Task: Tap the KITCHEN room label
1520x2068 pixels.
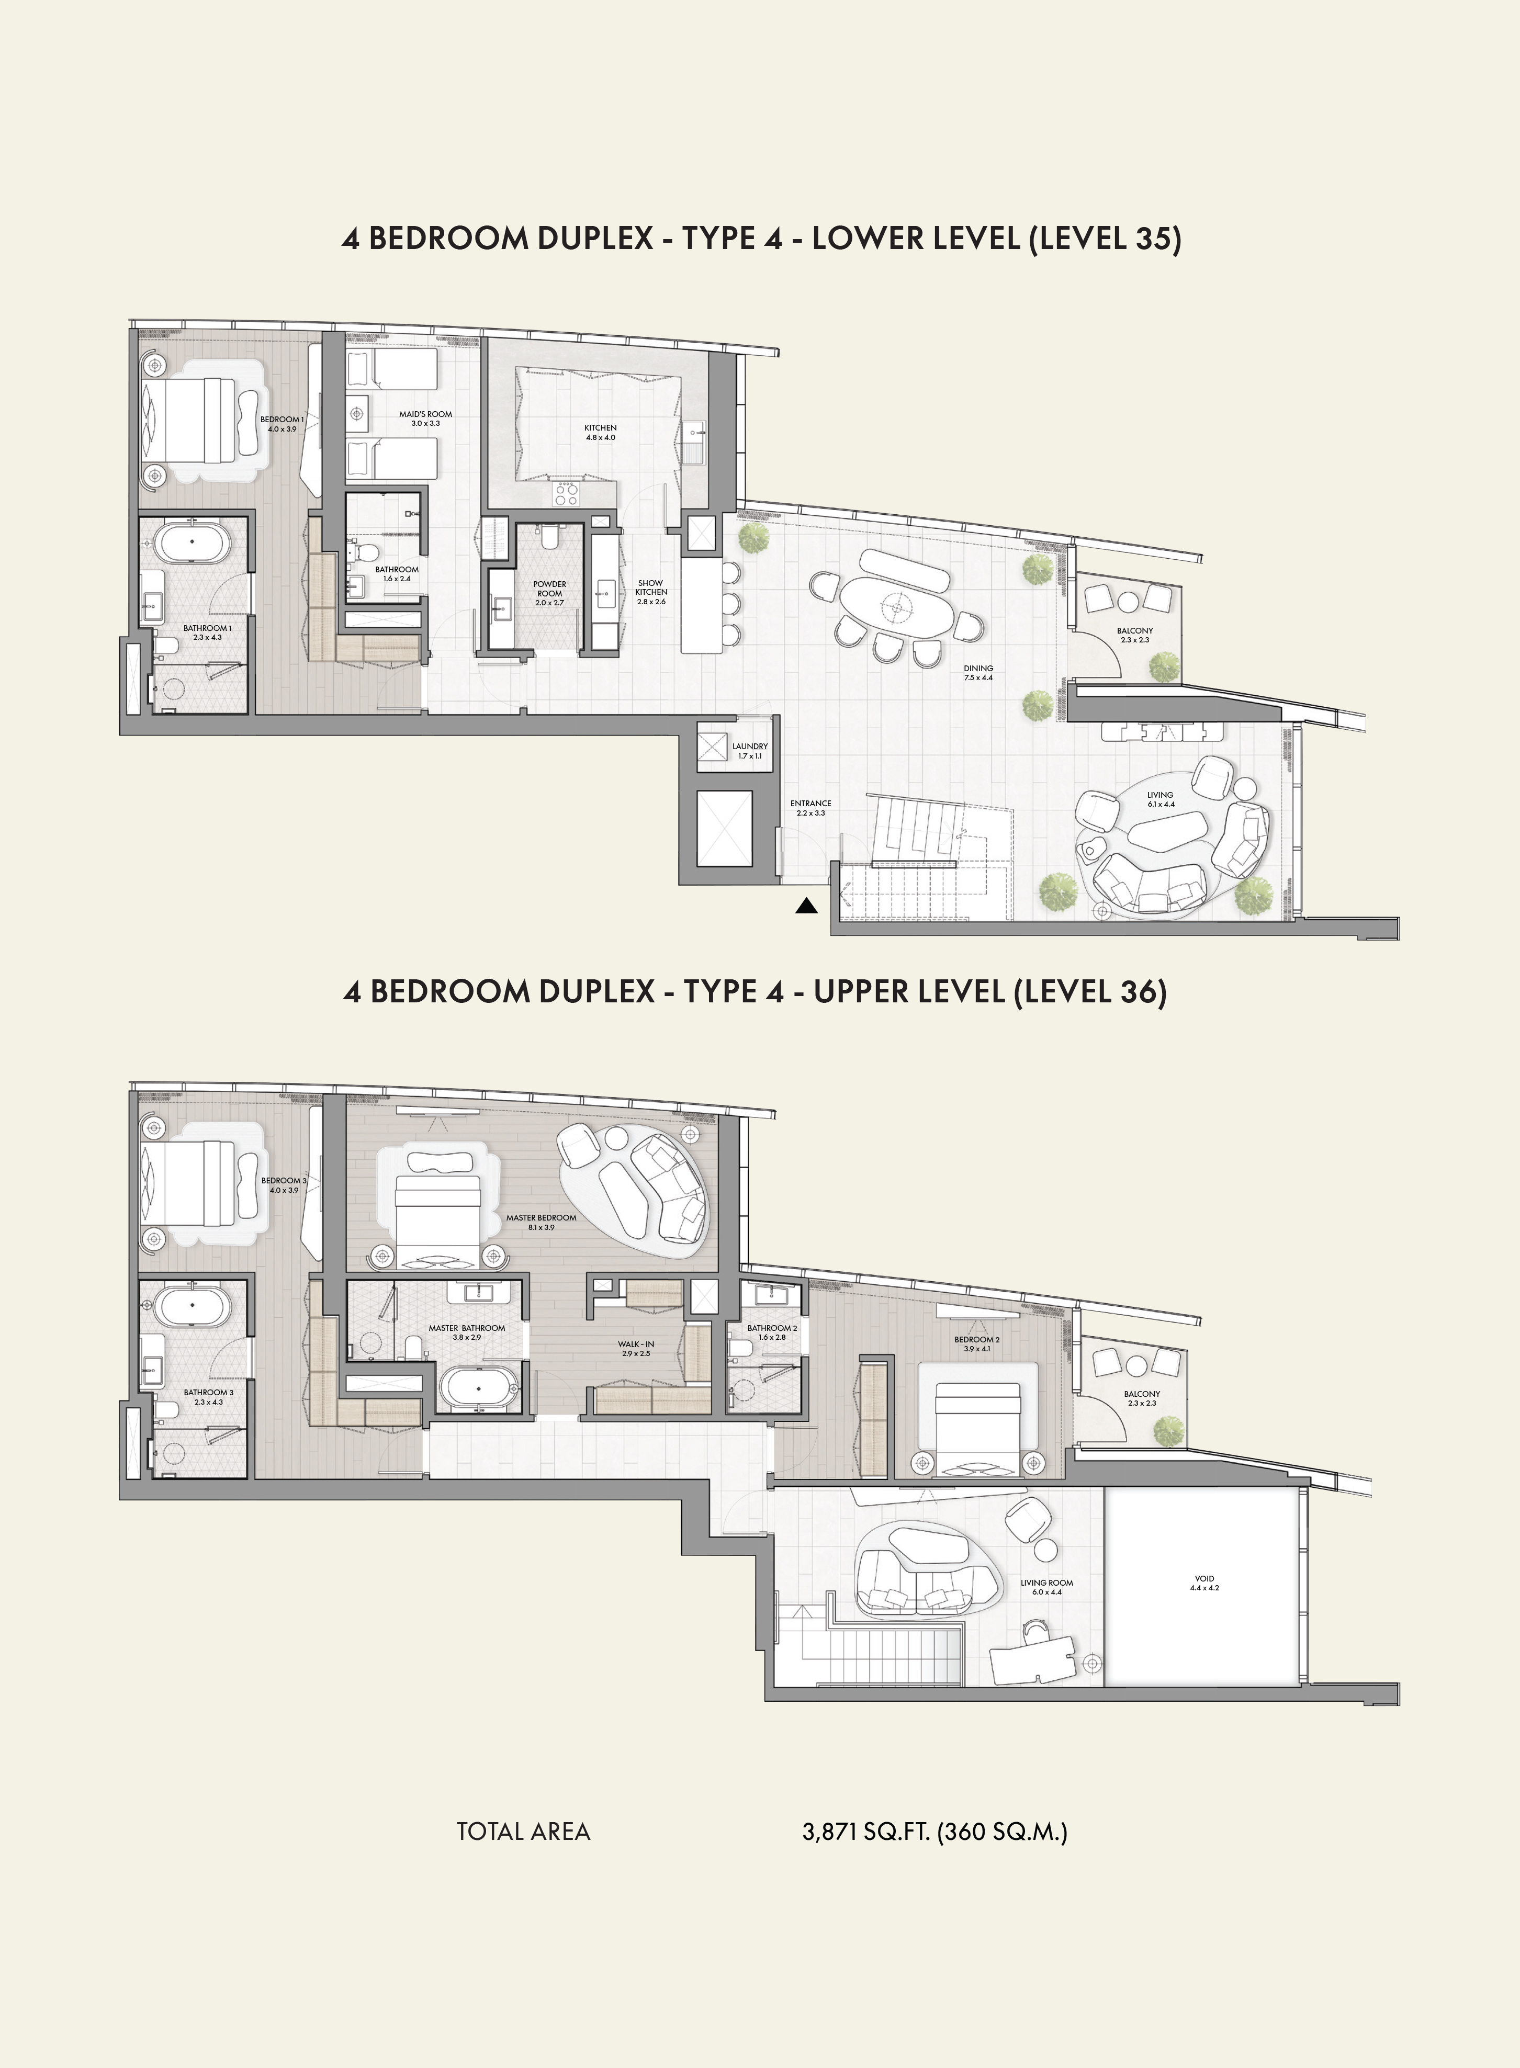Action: click(x=601, y=428)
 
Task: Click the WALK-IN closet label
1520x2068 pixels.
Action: click(x=636, y=1344)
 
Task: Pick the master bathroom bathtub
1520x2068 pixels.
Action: click(x=478, y=1389)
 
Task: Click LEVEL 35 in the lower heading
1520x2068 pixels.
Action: click(x=1103, y=238)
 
